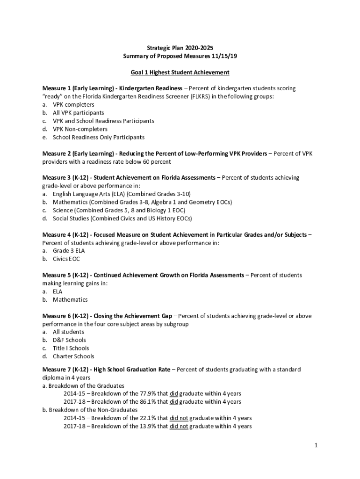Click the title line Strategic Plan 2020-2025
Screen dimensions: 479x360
tap(180, 48)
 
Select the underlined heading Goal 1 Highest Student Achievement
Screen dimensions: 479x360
tap(180, 72)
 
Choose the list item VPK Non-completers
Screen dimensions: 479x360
tap(80, 129)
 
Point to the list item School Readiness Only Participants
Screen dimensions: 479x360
tap(99, 137)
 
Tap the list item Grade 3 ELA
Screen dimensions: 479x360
tap(69, 251)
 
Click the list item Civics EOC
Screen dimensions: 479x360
tap(66, 259)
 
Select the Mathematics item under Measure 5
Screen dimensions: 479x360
tap(70, 299)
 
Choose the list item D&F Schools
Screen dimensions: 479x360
tap(69, 340)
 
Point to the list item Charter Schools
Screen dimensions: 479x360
tap(73, 356)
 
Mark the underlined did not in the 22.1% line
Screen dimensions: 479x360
tap(179, 418)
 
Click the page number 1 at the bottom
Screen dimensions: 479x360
tap(316, 446)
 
